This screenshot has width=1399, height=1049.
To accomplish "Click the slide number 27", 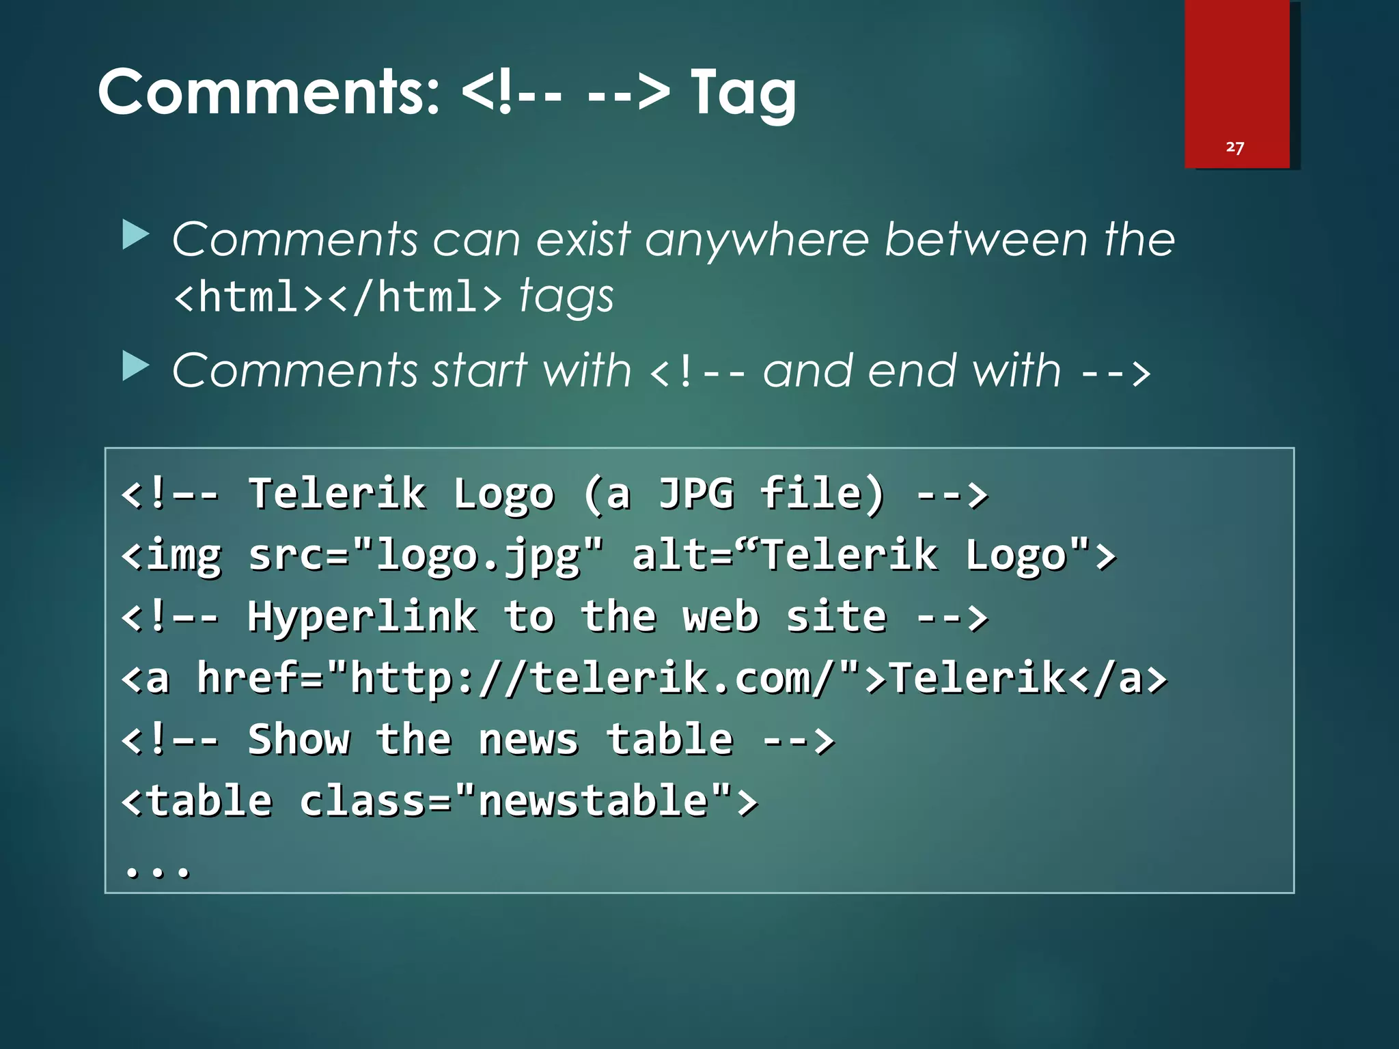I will click(x=1234, y=148).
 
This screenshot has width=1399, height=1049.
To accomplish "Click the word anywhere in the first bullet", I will click(x=757, y=240).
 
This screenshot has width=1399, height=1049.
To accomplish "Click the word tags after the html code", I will click(x=566, y=298).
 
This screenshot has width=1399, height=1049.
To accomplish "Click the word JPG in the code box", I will click(x=695, y=493).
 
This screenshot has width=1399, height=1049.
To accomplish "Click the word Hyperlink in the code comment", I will click(x=362, y=617).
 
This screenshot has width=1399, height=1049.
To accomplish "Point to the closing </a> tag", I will click(x=1118, y=678).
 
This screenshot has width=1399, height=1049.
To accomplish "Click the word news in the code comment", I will click(x=528, y=740).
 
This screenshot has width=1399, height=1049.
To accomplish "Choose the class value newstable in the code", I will click(x=593, y=801).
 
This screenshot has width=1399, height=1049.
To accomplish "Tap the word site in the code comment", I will click(x=836, y=617).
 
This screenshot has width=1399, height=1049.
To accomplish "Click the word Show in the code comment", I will click(x=299, y=740).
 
